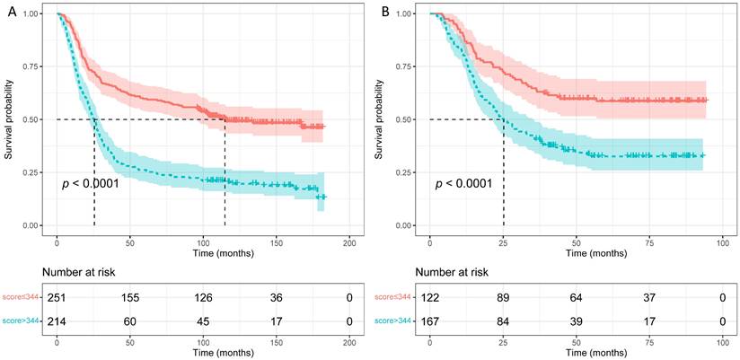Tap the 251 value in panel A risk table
click(x=56, y=295)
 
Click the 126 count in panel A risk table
click(x=203, y=295)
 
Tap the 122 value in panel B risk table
click(x=431, y=295)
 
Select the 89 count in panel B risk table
click(x=503, y=295)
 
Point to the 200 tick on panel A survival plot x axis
click(x=349, y=243)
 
